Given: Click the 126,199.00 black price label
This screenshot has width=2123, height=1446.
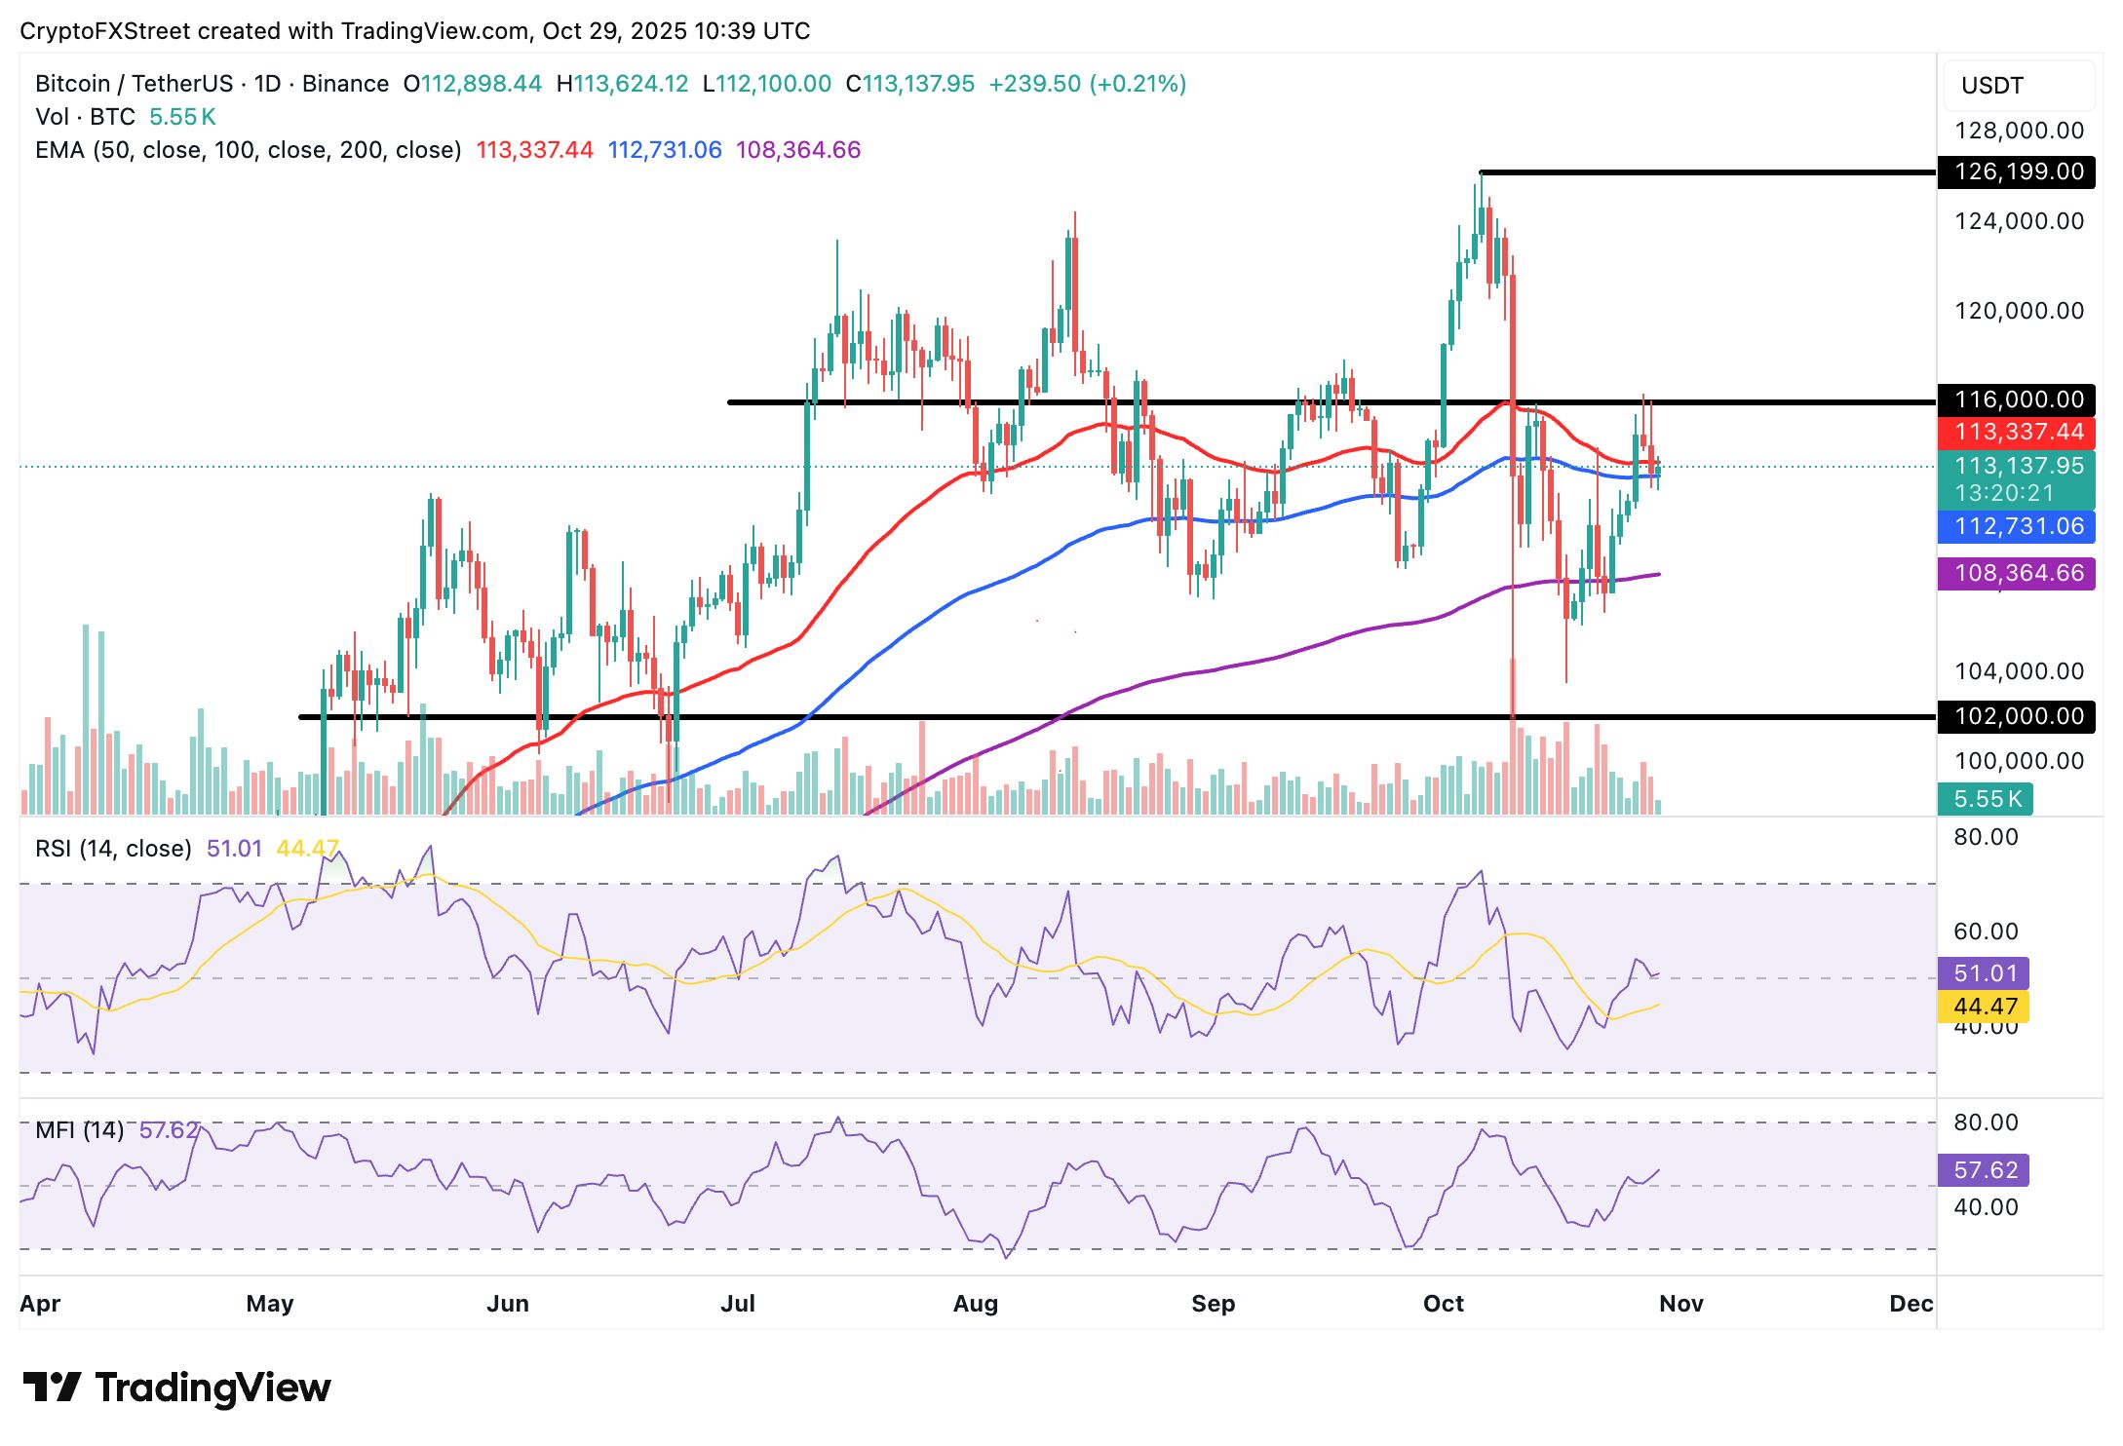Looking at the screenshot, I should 2017,172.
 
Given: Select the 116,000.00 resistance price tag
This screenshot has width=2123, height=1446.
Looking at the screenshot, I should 2017,400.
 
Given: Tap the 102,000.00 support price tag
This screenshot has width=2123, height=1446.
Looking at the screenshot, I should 2017,716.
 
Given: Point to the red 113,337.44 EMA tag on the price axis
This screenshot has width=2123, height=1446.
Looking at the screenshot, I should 2017,432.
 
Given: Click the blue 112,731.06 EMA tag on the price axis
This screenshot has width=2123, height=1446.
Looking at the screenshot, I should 2017,526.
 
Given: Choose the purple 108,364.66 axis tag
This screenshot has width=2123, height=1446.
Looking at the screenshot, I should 2017,573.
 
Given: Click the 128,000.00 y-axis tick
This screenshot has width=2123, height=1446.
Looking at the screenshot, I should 2019,131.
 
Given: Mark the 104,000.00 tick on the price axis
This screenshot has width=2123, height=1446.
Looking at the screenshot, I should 2019,671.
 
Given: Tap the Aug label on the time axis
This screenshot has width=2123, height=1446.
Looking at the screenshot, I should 975,1304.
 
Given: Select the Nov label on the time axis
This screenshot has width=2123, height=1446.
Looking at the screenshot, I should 1680,1304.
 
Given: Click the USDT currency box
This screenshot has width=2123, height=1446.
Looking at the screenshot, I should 2017,86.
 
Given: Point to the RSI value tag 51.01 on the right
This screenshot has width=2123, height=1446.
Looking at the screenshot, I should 1984,973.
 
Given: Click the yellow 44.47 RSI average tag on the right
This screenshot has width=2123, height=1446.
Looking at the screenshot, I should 1984,1007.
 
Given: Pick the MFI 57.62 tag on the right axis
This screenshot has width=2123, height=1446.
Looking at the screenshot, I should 1984,1169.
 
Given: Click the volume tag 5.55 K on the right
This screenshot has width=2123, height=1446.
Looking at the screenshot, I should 1986,799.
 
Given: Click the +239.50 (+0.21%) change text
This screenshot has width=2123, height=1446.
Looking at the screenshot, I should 1087,84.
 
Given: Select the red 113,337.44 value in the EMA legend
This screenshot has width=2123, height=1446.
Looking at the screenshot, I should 534,150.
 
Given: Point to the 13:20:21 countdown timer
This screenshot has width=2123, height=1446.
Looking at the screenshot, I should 2003,493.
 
